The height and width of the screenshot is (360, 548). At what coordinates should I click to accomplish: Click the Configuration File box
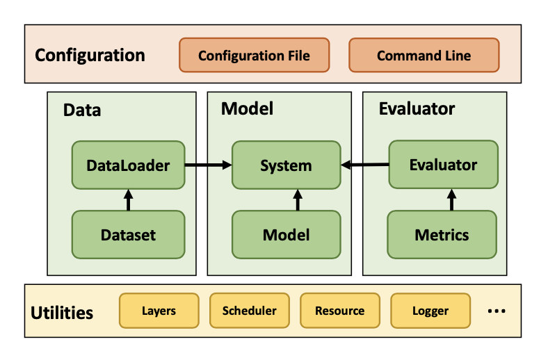(254, 56)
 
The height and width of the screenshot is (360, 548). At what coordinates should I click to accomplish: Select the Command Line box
(424, 56)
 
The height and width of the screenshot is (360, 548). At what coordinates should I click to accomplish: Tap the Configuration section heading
(90, 56)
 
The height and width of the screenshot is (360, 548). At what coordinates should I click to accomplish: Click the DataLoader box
(128, 165)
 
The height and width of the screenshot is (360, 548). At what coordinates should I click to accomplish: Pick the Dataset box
(128, 235)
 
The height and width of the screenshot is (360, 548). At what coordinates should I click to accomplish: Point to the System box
(286, 165)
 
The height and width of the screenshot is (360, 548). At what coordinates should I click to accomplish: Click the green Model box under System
(286, 235)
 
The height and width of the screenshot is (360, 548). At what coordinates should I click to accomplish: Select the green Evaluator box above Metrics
(443, 165)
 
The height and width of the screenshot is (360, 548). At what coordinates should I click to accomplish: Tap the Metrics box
(442, 235)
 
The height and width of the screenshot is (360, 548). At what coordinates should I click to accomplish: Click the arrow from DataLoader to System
(208, 165)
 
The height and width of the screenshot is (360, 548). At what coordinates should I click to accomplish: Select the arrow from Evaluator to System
(364, 165)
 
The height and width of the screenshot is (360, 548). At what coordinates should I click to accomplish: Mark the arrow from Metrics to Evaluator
(451, 199)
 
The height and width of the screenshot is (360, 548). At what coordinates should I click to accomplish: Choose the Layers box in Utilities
(159, 311)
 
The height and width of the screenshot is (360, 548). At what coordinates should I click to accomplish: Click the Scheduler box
(249, 311)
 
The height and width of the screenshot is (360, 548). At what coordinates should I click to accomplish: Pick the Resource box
(339, 311)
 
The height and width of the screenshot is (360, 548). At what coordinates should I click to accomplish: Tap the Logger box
(430, 311)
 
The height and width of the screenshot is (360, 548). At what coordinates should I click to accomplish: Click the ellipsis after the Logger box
(496, 311)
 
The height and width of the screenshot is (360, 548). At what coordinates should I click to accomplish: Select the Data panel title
(82, 110)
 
